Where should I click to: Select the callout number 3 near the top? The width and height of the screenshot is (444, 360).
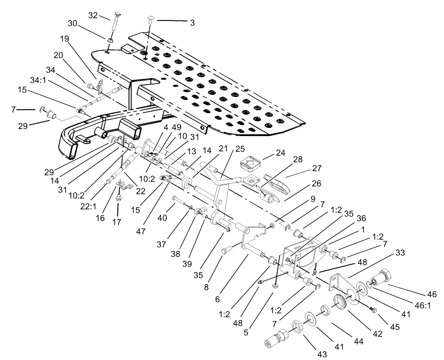pyautogui.click(x=192, y=22)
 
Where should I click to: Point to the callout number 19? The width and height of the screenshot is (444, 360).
pyautogui.click(x=65, y=39)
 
